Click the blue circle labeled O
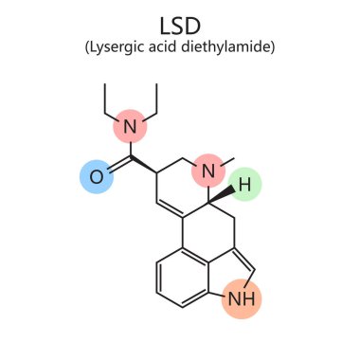coord(96,177)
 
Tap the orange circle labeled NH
coord(243,299)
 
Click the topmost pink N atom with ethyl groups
coord(132,127)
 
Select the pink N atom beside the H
coord(208,171)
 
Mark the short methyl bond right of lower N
coord(227,163)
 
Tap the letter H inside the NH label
coord(249,299)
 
